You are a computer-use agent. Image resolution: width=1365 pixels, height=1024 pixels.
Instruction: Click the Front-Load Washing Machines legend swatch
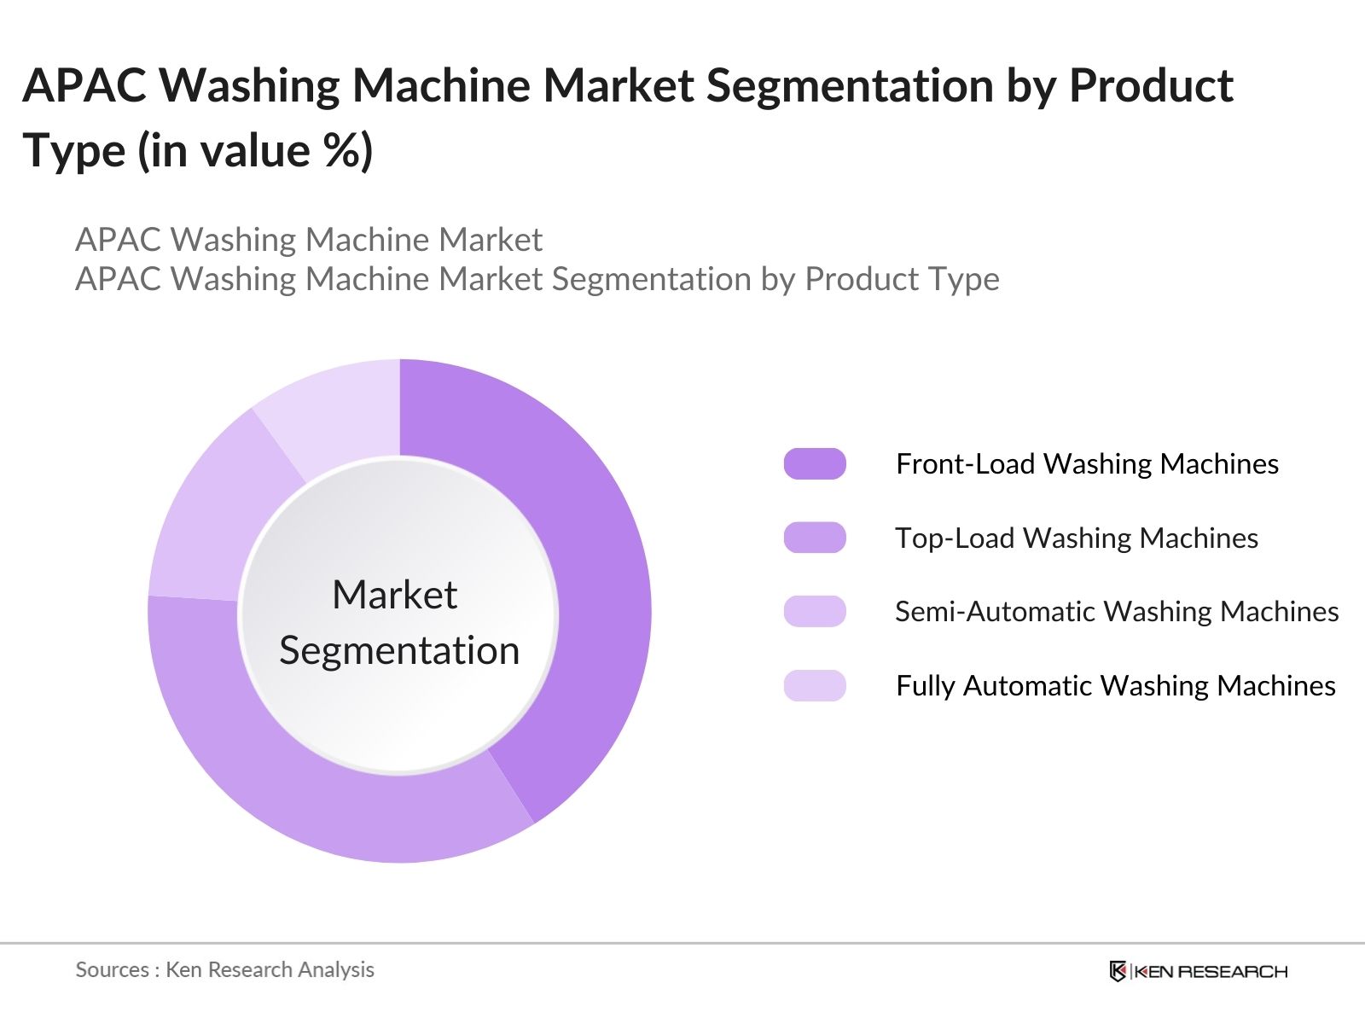(815, 463)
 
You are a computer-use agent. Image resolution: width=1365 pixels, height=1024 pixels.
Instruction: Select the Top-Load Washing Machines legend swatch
(815, 538)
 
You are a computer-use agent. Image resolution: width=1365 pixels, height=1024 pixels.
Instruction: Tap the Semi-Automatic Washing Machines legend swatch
(815, 611)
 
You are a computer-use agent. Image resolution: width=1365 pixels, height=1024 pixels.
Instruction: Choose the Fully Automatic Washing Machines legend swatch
(815, 685)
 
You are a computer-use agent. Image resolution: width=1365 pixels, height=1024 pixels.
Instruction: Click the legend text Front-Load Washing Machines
(1087, 463)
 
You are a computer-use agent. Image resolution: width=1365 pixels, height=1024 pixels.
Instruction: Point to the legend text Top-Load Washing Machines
(1077, 538)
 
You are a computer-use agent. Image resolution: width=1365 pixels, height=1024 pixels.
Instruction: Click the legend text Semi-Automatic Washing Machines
(1117, 611)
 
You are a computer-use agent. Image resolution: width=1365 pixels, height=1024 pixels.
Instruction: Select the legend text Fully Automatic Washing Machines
(1116, 685)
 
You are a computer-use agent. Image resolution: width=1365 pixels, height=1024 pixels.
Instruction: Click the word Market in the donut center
(394, 595)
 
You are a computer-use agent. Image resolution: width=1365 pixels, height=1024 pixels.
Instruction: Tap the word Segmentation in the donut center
(399, 650)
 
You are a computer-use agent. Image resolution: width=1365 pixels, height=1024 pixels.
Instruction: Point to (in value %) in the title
(255, 151)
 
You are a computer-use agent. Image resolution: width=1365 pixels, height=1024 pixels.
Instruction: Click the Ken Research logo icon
(1118, 971)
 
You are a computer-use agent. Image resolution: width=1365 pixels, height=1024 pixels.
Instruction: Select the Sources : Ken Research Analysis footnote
(224, 969)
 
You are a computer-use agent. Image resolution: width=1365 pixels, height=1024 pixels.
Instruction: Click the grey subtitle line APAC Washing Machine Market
(309, 240)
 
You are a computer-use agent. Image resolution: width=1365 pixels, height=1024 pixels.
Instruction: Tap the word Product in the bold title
(1151, 85)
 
